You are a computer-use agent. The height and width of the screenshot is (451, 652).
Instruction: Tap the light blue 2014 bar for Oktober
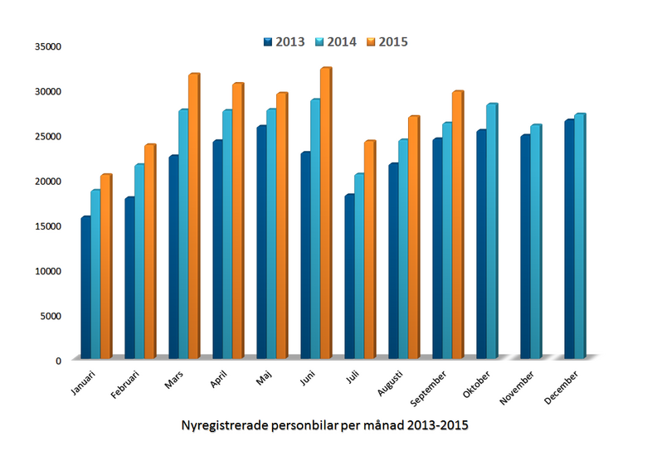[x=491, y=231]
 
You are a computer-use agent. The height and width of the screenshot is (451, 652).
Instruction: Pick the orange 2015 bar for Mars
[x=193, y=216]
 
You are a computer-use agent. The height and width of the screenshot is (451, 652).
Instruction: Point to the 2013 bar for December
[x=568, y=240]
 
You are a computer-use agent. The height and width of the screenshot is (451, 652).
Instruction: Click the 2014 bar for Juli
[x=358, y=266]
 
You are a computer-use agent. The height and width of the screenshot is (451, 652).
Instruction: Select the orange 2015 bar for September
[x=457, y=225]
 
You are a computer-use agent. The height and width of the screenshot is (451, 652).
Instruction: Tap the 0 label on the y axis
[x=58, y=360]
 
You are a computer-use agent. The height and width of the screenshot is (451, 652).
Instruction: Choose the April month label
[x=217, y=380]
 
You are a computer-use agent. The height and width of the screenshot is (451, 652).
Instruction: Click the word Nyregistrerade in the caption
[x=225, y=425]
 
